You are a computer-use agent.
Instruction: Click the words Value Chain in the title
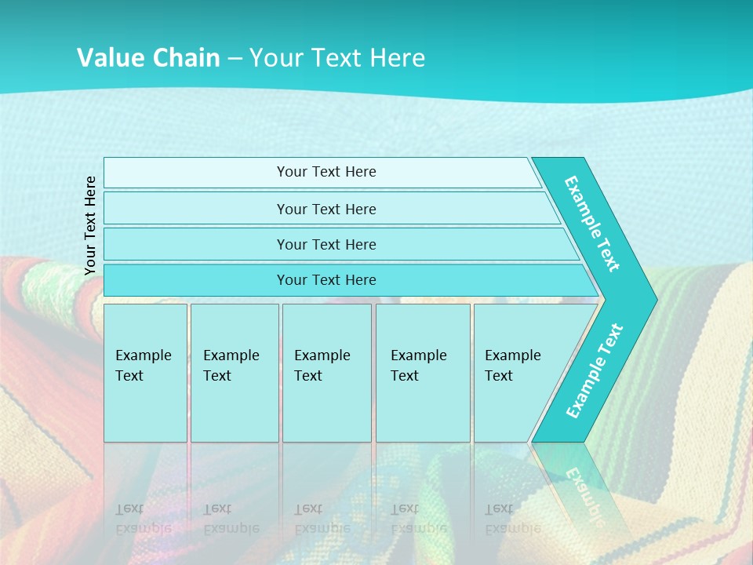coord(148,57)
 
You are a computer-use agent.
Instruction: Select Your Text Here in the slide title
coord(337,57)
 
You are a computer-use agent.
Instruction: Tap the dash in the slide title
coord(235,58)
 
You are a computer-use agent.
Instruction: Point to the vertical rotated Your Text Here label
coord(90,225)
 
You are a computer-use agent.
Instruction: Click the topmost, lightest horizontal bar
coord(326,172)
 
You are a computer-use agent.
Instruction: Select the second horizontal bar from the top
coord(326,209)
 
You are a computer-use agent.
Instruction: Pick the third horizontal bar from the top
coord(326,244)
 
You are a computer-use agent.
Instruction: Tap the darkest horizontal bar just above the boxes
coord(326,280)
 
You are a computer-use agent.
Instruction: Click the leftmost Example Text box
coord(145,373)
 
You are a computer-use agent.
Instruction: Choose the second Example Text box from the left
coord(234,373)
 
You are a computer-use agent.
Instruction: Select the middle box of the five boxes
coord(326,373)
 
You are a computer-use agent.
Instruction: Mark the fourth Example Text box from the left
coord(422,373)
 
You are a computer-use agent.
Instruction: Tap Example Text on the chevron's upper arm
coord(592,224)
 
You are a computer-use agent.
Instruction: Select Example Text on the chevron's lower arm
coord(594,371)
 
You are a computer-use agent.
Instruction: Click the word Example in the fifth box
coord(512,355)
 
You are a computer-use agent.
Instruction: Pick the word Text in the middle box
coord(308,376)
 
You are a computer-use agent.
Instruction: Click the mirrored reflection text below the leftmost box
coord(143,519)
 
